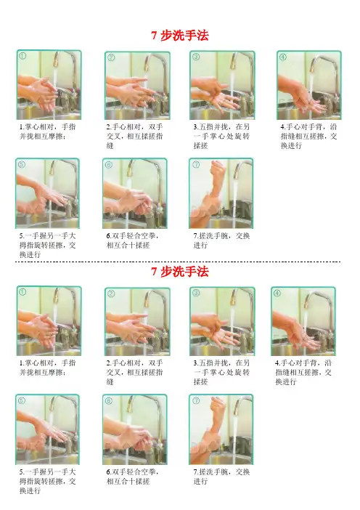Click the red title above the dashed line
180,35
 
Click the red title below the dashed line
180,271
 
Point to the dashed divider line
178,262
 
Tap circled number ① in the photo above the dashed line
22,56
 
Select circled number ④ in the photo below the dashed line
277,293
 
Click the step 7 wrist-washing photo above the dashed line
221,193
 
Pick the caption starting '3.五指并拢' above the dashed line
221,136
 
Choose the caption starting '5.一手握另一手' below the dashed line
47,481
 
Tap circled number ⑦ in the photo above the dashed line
196,165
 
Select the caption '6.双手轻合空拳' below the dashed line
133,476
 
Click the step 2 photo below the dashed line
137,321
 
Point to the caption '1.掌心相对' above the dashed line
48,131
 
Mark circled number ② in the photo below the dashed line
111,294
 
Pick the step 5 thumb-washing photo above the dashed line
47,193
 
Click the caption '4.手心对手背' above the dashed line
308,136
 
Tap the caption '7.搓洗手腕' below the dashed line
221,476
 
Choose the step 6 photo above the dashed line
134,193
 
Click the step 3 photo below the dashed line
222,321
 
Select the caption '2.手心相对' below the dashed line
134,372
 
